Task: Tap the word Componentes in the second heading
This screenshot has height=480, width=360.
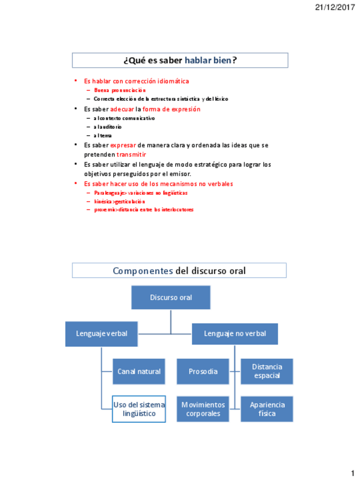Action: pyautogui.click(x=143, y=271)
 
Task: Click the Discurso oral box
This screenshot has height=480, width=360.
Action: pyautogui.click(x=171, y=297)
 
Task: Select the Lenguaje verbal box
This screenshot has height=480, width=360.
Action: pyautogui.click(x=102, y=333)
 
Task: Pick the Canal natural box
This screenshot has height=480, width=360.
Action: pyautogui.click(x=139, y=371)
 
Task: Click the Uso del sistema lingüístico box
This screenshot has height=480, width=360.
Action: pyautogui.click(x=139, y=409)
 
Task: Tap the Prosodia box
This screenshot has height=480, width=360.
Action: pyautogui.click(x=203, y=371)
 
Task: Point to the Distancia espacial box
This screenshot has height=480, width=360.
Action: pyautogui.click(x=267, y=371)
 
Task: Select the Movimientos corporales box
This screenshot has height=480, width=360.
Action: pyautogui.click(x=203, y=409)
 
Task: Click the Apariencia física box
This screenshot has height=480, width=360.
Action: pyautogui.click(x=267, y=409)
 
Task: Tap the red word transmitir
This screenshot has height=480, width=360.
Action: pyautogui.click(x=131, y=154)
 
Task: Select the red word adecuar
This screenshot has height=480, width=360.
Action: pyautogui.click(x=122, y=109)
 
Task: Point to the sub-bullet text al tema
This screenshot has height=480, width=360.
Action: pyautogui.click(x=102, y=135)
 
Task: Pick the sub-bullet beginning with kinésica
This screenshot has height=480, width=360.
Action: pyautogui.click(x=119, y=201)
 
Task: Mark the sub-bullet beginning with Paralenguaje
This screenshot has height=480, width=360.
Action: pyautogui.click(x=140, y=192)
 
